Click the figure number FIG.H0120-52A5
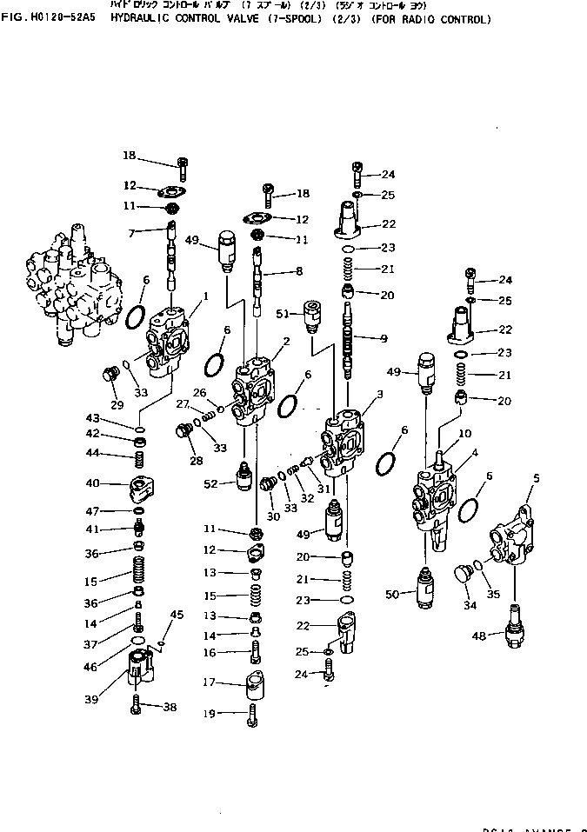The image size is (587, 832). (x=52, y=19)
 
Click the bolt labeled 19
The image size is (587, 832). (x=252, y=714)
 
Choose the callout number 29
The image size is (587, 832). (x=117, y=406)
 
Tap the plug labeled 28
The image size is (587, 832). (x=183, y=431)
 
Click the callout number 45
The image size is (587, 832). (x=177, y=615)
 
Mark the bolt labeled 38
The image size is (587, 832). (x=137, y=706)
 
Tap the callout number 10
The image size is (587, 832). (x=464, y=434)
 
